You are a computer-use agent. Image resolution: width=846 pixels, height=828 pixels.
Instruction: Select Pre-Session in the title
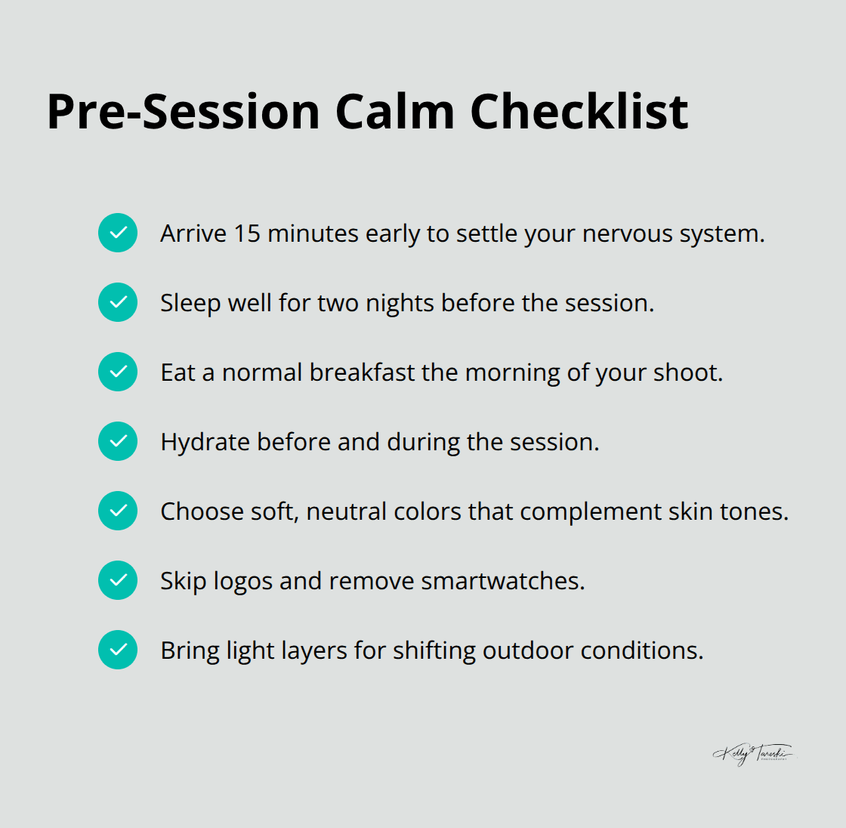coord(184,112)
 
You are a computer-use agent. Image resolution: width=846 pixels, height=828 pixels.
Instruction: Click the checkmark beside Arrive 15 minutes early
coord(118,233)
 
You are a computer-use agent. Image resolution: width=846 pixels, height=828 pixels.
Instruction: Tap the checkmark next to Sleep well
coord(118,302)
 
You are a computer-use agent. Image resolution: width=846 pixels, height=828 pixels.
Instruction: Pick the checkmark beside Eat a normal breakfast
coord(118,372)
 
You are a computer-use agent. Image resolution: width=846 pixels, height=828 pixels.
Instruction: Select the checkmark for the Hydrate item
coord(118,441)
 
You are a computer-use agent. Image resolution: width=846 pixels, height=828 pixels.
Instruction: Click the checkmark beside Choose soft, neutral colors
coord(118,511)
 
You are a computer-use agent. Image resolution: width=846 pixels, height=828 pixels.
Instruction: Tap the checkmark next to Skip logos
coord(118,580)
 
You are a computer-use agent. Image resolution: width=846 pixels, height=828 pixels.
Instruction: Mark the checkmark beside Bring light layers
coord(118,650)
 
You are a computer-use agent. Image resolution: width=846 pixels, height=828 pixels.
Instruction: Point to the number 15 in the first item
coord(247,233)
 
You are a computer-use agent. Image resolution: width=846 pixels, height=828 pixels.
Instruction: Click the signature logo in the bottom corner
coord(753,753)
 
